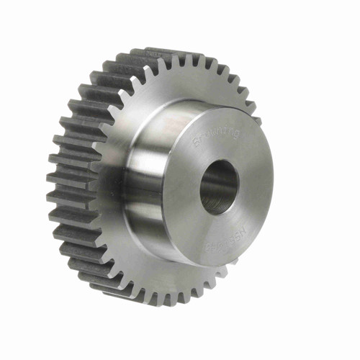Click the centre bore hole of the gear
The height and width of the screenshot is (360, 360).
point(218,186)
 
